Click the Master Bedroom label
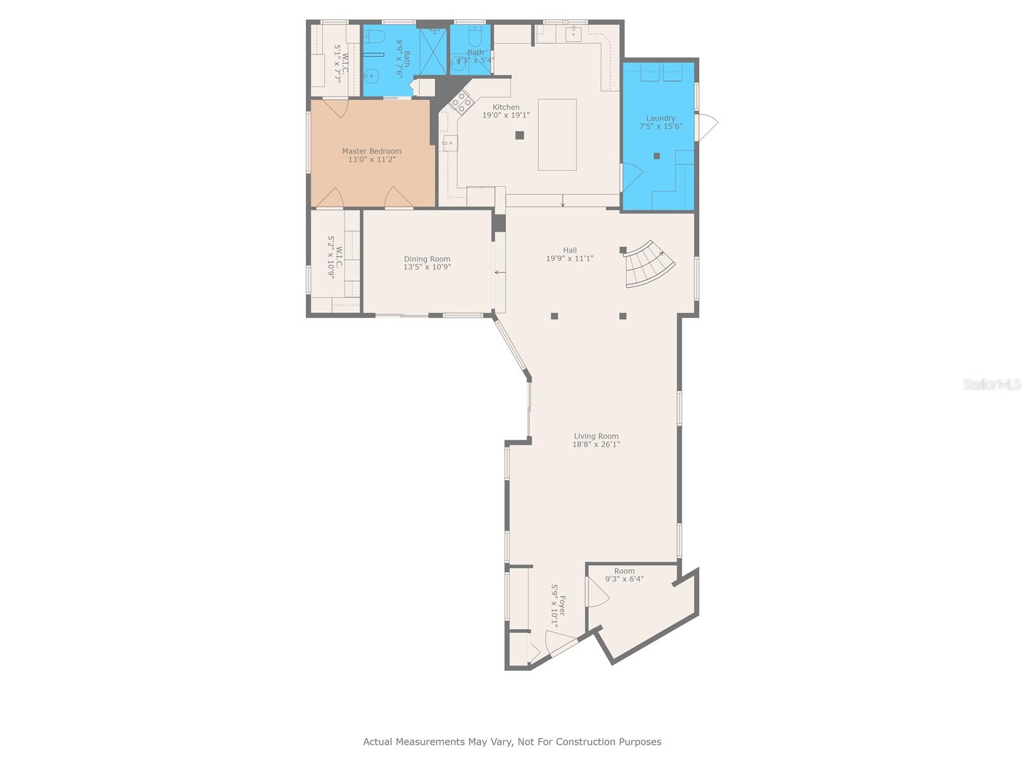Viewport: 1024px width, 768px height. coord(371,151)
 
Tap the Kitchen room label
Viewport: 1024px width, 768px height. coord(506,107)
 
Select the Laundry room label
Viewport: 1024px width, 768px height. coord(660,118)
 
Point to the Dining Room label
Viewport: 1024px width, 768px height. coord(427,259)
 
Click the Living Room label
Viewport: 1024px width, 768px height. coord(596,436)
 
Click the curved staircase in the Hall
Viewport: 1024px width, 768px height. coord(649,263)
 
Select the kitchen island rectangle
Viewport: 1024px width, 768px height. coord(557,134)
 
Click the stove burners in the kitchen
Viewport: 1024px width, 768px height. coord(461,101)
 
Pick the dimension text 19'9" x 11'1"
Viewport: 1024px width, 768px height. coord(570,259)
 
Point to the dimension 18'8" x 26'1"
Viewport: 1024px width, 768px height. coord(596,444)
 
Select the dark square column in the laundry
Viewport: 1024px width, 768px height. coord(657,156)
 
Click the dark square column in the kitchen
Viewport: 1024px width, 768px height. coord(520,135)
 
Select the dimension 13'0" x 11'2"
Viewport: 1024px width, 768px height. coord(371,159)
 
